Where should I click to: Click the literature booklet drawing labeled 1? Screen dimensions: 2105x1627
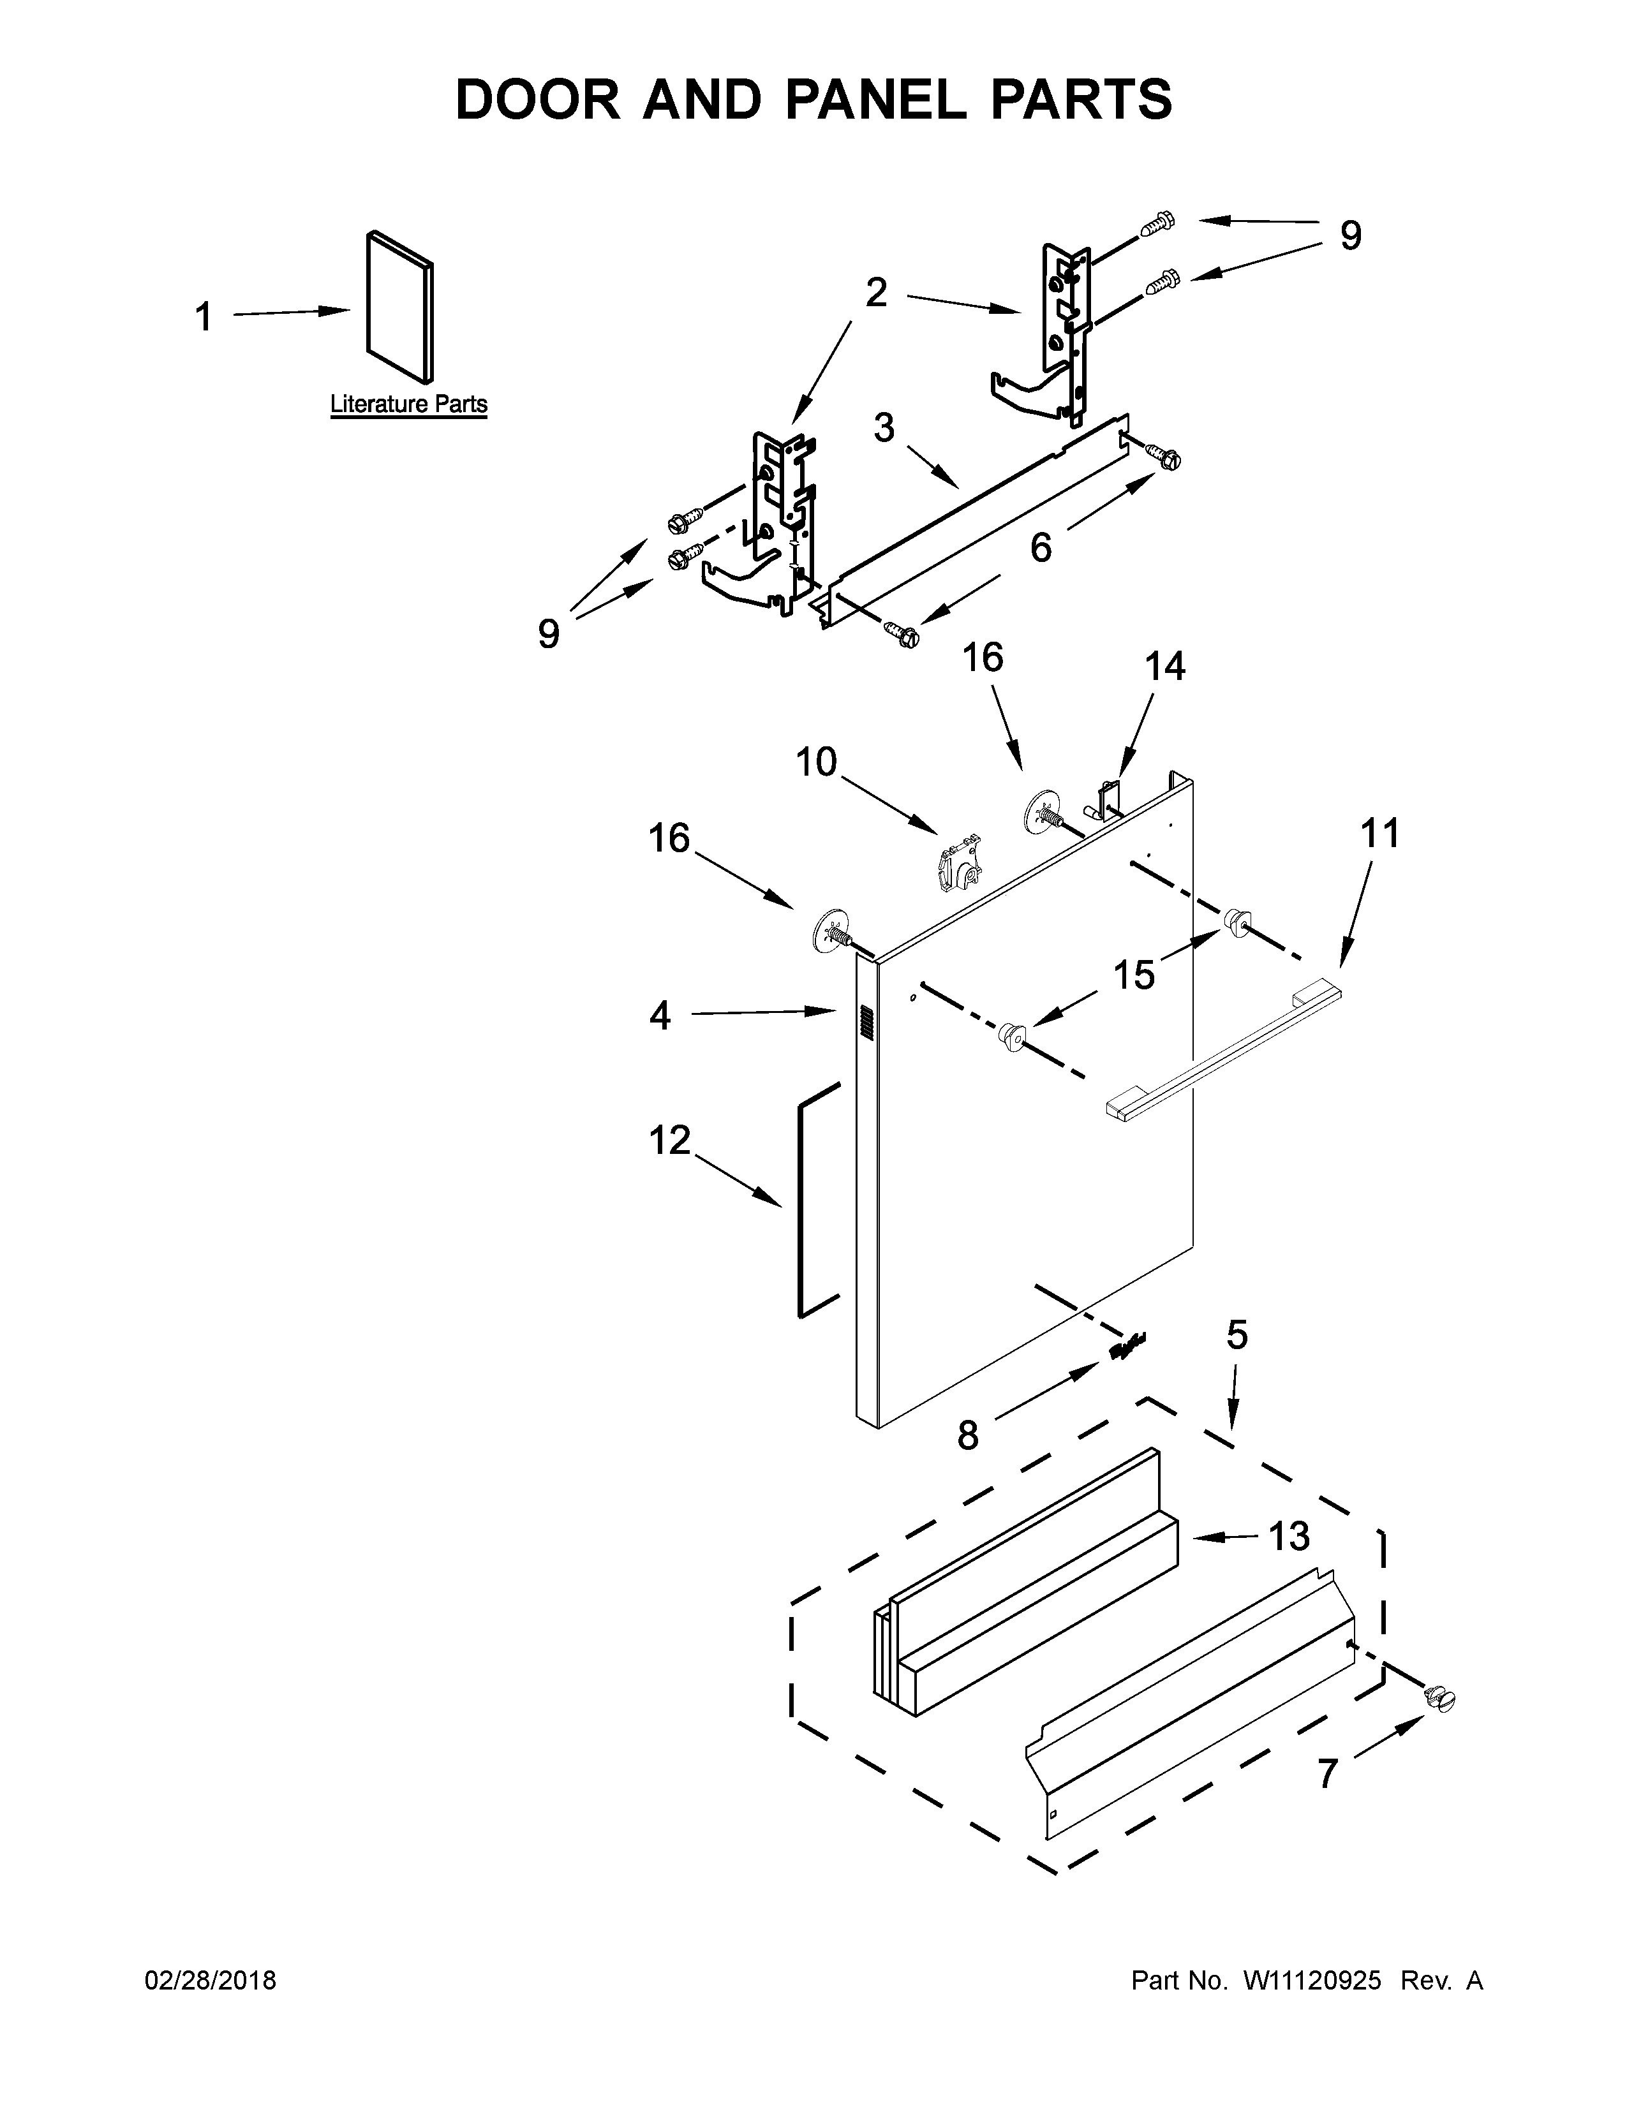[399, 306]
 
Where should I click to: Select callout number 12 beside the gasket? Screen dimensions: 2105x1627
[670, 1141]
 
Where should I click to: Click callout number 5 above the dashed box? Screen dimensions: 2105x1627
[1237, 1335]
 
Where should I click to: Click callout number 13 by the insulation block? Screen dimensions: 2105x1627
[1289, 1537]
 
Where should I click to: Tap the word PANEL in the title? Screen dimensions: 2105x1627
[875, 100]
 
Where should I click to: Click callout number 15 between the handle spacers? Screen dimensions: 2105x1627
[1134, 975]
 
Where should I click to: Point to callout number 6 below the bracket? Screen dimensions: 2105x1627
[1041, 547]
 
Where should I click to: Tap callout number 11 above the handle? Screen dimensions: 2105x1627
[1378, 832]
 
